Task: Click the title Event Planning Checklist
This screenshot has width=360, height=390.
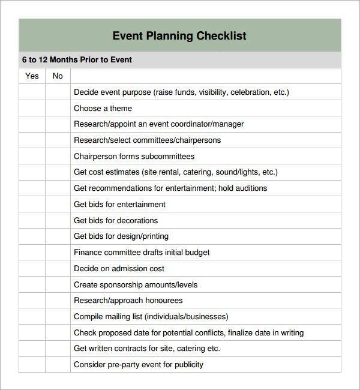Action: click(179, 35)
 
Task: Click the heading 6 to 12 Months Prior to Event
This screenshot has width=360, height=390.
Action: click(77, 60)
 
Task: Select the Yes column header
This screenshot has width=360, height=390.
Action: click(32, 76)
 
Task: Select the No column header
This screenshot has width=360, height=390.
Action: click(58, 76)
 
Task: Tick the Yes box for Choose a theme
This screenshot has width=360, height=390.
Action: click(32, 109)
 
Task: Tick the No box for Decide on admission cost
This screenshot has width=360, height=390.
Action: click(58, 269)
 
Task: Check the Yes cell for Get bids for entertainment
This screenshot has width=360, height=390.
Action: click(32, 205)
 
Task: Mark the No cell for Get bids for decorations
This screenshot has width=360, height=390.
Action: click(58, 221)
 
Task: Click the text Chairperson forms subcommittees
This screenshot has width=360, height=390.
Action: click(134, 157)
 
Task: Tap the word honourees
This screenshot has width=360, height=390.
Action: click(162, 301)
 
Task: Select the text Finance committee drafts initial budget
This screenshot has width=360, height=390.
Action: click(142, 253)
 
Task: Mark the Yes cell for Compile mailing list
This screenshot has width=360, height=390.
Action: click(32, 317)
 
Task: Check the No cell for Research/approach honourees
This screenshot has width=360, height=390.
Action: click(58, 301)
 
